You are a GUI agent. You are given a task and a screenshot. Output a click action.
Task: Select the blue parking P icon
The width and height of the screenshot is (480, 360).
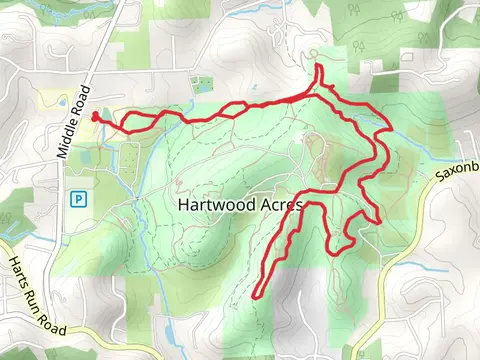tap(76, 199)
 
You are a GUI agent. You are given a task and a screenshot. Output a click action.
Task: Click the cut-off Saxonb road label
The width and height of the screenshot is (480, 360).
tap(456, 170)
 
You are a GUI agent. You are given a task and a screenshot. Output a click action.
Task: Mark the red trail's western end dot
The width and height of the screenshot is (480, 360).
tap(95, 117)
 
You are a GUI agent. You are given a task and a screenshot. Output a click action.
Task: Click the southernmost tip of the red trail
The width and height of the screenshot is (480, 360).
tap(257, 296)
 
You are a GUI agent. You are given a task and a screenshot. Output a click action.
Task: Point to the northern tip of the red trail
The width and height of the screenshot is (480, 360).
tap(319, 68)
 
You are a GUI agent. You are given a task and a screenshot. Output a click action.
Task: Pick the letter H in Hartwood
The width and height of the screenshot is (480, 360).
tap(182, 204)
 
